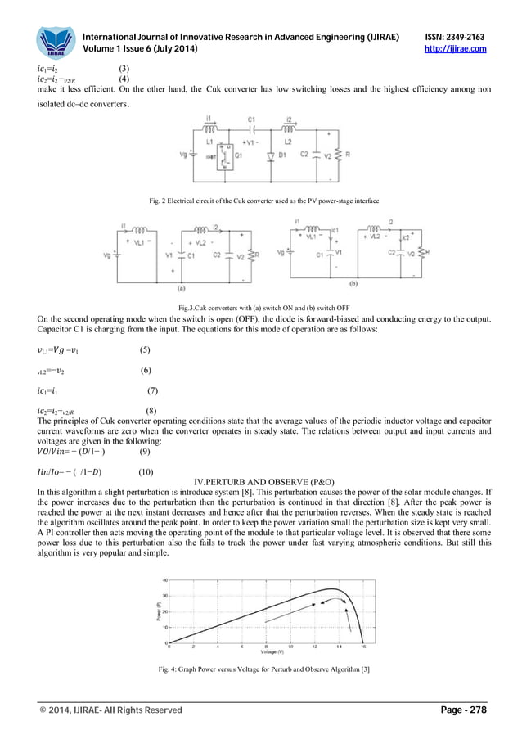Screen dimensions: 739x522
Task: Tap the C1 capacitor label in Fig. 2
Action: tap(251, 119)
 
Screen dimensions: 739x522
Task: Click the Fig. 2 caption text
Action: tap(260, 201)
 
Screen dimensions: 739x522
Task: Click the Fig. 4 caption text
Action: tap(260, 671)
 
